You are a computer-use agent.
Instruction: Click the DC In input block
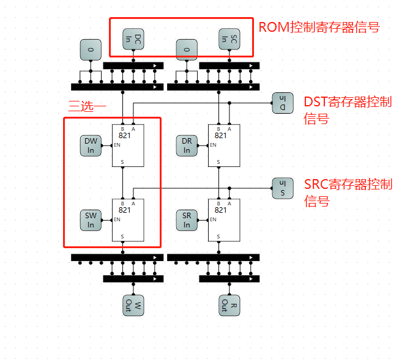coord(133,39)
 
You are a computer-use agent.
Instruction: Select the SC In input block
coord(229,39)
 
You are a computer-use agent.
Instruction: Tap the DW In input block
coord(91,145)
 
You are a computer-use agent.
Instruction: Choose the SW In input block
coord(91,220)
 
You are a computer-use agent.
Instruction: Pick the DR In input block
coord(187,145)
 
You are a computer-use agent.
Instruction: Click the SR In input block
coord(187,220)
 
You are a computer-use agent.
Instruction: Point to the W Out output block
coord(133,306)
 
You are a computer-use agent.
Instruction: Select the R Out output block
coord(229,306)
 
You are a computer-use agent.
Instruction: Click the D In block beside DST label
coord(283,103)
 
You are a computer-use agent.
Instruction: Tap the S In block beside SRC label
coord(283,188)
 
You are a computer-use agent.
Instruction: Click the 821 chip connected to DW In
coord(128,145)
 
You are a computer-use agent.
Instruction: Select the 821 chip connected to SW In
coord(128,220)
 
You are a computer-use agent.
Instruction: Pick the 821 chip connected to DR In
coord(224,145)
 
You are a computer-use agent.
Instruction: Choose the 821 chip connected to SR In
coord(224,220)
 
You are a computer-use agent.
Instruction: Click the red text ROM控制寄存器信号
coord(319,27)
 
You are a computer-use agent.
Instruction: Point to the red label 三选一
coord(87,106)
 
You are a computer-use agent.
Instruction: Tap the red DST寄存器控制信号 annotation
coord(348,110)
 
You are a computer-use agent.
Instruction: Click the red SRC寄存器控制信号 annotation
coord(348,193)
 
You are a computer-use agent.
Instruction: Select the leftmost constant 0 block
coord(91,50)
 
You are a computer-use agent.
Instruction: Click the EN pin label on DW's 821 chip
coord(117,145)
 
